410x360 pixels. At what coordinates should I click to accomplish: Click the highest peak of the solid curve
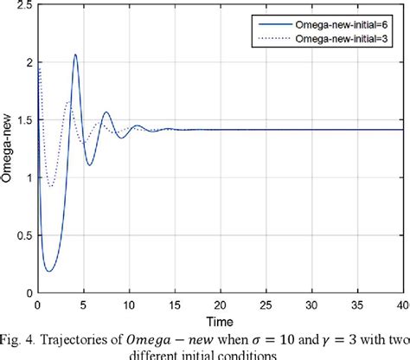point(75,55)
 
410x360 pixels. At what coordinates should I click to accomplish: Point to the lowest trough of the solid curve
point(48,271)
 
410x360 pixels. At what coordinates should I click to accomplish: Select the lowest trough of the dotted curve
point(51,186)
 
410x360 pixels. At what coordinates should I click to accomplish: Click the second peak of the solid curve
point(106,112)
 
